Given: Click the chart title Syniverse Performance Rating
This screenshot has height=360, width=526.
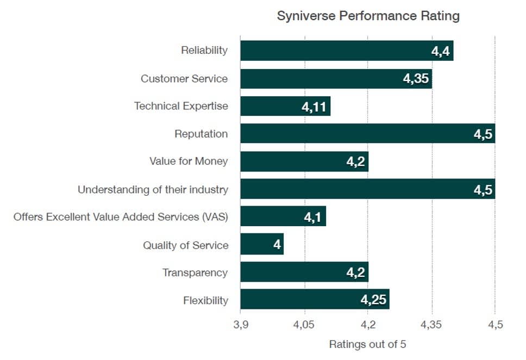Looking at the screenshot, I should click(368, 16).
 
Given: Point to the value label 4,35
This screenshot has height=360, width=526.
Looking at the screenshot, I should click(416, 79).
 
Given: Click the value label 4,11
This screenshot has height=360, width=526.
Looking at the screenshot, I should click(314, 107).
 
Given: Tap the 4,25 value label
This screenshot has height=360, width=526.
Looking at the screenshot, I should click(374, 300).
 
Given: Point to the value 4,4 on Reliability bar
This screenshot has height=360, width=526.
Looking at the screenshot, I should click(441, 51).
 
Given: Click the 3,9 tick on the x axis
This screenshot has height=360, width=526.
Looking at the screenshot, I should click(240, 325).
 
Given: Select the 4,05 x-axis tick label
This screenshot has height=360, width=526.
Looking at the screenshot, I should click(304, 325).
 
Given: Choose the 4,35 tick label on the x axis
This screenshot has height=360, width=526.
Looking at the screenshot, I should click(432, 325).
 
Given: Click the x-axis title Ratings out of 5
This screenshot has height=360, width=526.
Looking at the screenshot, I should click(367, 344).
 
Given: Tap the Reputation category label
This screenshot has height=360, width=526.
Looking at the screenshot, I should click(201, 134).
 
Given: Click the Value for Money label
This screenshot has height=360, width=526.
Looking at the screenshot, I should click(189, 162).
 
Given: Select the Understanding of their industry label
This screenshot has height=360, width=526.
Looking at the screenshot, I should click(153, 190).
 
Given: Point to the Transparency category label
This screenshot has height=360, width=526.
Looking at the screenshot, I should click(195, 272).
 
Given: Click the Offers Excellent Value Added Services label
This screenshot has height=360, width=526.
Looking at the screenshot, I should click(121, 217).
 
